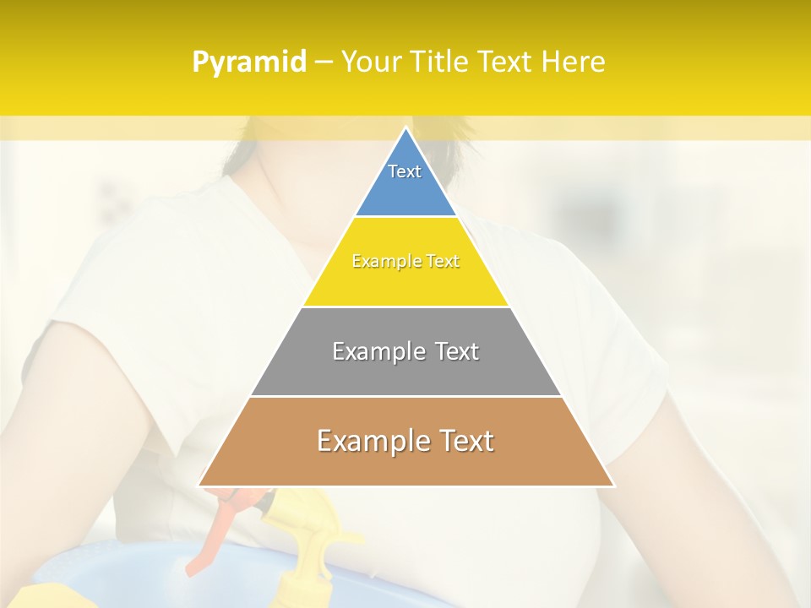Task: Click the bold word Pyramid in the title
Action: point(248,62)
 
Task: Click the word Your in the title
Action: point(369,62)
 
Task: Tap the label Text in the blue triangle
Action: point(405,171)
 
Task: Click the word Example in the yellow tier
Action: point(380,262)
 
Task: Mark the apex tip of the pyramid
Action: point(405,129)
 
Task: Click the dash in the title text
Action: point(323,62)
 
